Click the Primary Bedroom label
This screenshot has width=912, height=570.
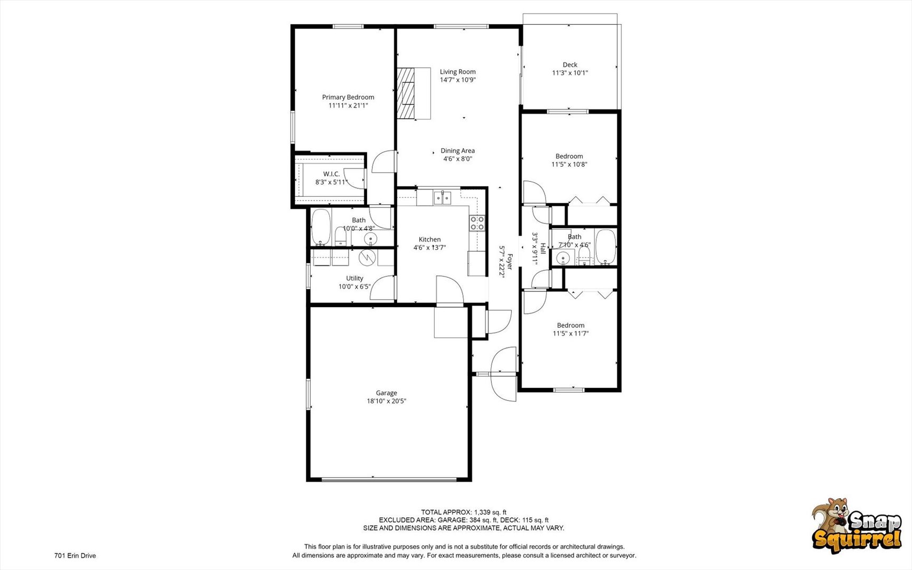(348, 97)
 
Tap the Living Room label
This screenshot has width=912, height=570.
(458, 72)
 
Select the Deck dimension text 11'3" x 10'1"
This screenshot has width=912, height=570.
(570, 73)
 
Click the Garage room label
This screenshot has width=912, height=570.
(387, 393)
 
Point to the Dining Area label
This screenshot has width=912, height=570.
(458, 150)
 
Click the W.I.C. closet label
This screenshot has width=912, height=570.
(331, 174)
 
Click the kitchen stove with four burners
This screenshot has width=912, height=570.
(477, 223)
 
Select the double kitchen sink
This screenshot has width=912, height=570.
(443, 198)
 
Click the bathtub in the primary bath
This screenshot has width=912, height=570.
(320, 227)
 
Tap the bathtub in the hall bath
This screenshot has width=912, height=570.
(606, 246)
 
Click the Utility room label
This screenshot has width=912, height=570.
(354, 278)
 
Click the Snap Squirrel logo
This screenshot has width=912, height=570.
(857, 526)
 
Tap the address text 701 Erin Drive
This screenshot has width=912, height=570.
(75, 555)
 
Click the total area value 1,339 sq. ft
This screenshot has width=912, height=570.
(490, 512)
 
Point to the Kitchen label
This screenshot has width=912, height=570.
(430, 240)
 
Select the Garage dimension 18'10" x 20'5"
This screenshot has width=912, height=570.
(387, 401)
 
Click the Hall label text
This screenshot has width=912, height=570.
(543, 249)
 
